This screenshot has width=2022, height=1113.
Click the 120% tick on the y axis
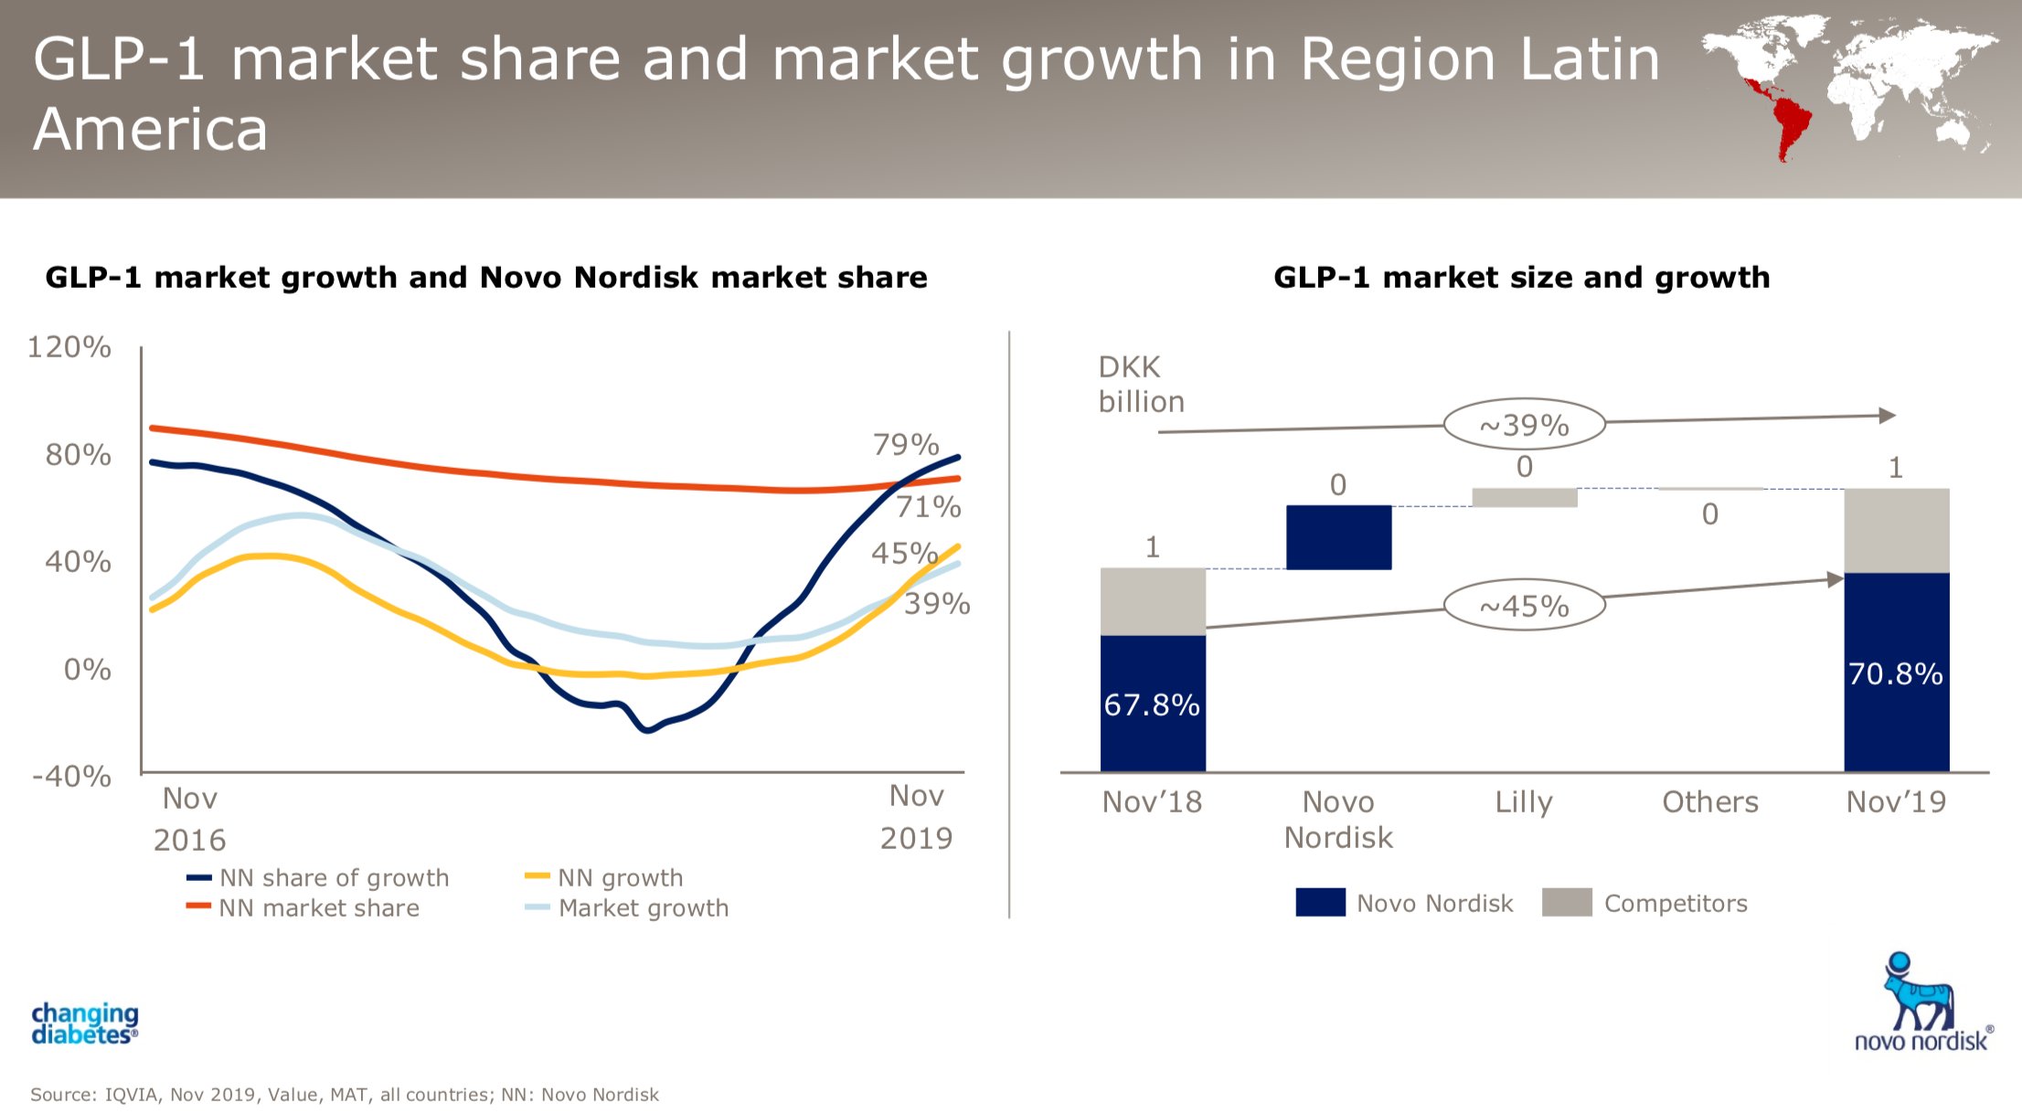click(x=69, y=347)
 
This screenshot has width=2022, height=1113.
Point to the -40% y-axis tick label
click(x=71, y=777)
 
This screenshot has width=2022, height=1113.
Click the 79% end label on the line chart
click(x=906, y=445)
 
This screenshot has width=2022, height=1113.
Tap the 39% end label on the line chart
click(x=937, y=604)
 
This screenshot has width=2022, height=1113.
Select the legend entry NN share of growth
click(x=334, y=878)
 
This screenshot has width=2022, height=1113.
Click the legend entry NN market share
click(x=318, y=908)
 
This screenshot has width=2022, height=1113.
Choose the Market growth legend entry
click(x=643, y=908)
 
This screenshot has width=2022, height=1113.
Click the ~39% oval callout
click(x=1524, y=425)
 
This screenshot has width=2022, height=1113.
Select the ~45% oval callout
click(x=1524, y=606)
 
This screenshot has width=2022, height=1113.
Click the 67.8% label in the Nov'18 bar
click(x=1152, y=705)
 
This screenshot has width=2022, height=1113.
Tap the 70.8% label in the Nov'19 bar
click(x=1896, y=674)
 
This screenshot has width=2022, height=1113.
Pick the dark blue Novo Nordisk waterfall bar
click(x=1338, y=537)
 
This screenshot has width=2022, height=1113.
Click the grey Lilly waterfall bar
click(x=1524, y=497)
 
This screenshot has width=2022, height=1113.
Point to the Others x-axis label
click(x=1709, y=802)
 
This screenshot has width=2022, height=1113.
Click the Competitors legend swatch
click(x=1567, y=903)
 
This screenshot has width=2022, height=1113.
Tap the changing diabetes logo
click(x=85, y=1023)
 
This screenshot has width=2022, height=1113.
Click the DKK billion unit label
click(x=1141, y=385)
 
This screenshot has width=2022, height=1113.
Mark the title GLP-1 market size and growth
click(x=1521, y=278)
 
